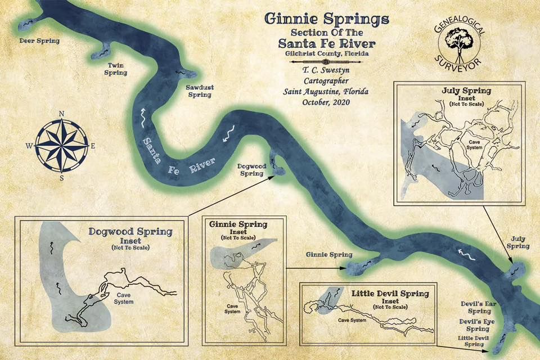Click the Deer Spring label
coord(39,41)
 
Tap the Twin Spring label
coord(118,69)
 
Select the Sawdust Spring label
coord(199,91)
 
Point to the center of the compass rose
coord(62,145)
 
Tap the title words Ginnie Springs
coord(326,19)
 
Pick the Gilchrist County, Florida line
coord(326,53)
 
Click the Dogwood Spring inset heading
coord(130,231)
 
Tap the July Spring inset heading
coord(459,90)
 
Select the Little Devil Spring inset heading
coord(390,293)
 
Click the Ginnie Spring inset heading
coord(238,224)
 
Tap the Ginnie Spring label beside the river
coord(329,254)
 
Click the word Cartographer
coord(326,81)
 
